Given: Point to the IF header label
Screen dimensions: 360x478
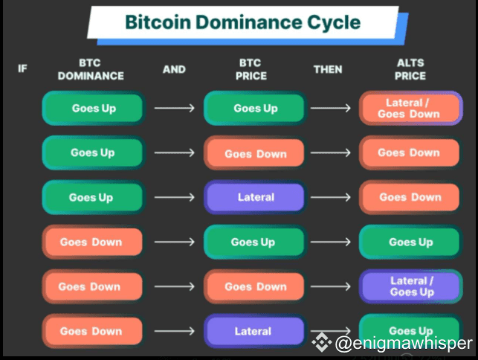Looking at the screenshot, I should coord(23,69).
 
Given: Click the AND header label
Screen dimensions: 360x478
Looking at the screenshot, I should coord(174,69).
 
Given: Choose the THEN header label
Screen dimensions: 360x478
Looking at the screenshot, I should coord(328,69).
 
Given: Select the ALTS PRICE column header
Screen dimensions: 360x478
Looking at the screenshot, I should coord(410,69).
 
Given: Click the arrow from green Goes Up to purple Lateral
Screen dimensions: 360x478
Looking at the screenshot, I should coord(174,197).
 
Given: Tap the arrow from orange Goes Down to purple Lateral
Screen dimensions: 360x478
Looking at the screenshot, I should coord(174,331).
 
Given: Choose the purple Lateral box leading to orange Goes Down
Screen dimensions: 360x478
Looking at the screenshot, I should coord(255,197).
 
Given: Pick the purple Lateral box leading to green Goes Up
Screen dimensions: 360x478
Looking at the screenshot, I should coord(255,331).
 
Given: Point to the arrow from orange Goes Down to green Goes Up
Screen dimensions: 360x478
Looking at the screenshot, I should coord(174,242).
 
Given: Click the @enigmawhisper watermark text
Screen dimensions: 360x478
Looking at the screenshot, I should coord(404,343).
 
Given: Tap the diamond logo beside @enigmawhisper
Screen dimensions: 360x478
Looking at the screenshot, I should coord(321,343).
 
